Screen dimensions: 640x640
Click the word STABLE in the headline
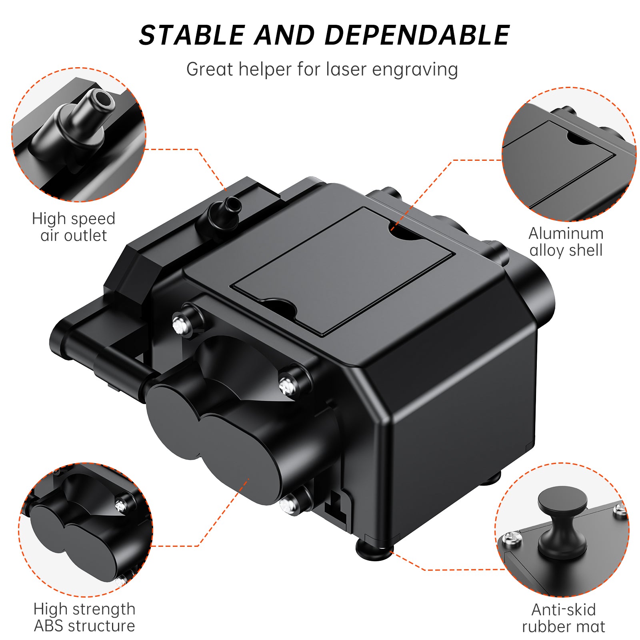[192, 35]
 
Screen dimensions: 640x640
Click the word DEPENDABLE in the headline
[417, 35]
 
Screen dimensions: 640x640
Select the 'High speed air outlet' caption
[74, 227]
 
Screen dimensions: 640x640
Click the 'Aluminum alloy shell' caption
[566, 242]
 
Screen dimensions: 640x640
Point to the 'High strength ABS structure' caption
[84, 617]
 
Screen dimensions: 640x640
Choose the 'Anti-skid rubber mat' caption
[563, 618]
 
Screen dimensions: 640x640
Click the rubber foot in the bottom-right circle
[562, 520]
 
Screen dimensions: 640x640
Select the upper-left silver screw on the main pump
[180, 324]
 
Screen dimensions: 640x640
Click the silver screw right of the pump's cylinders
[288, 386]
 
